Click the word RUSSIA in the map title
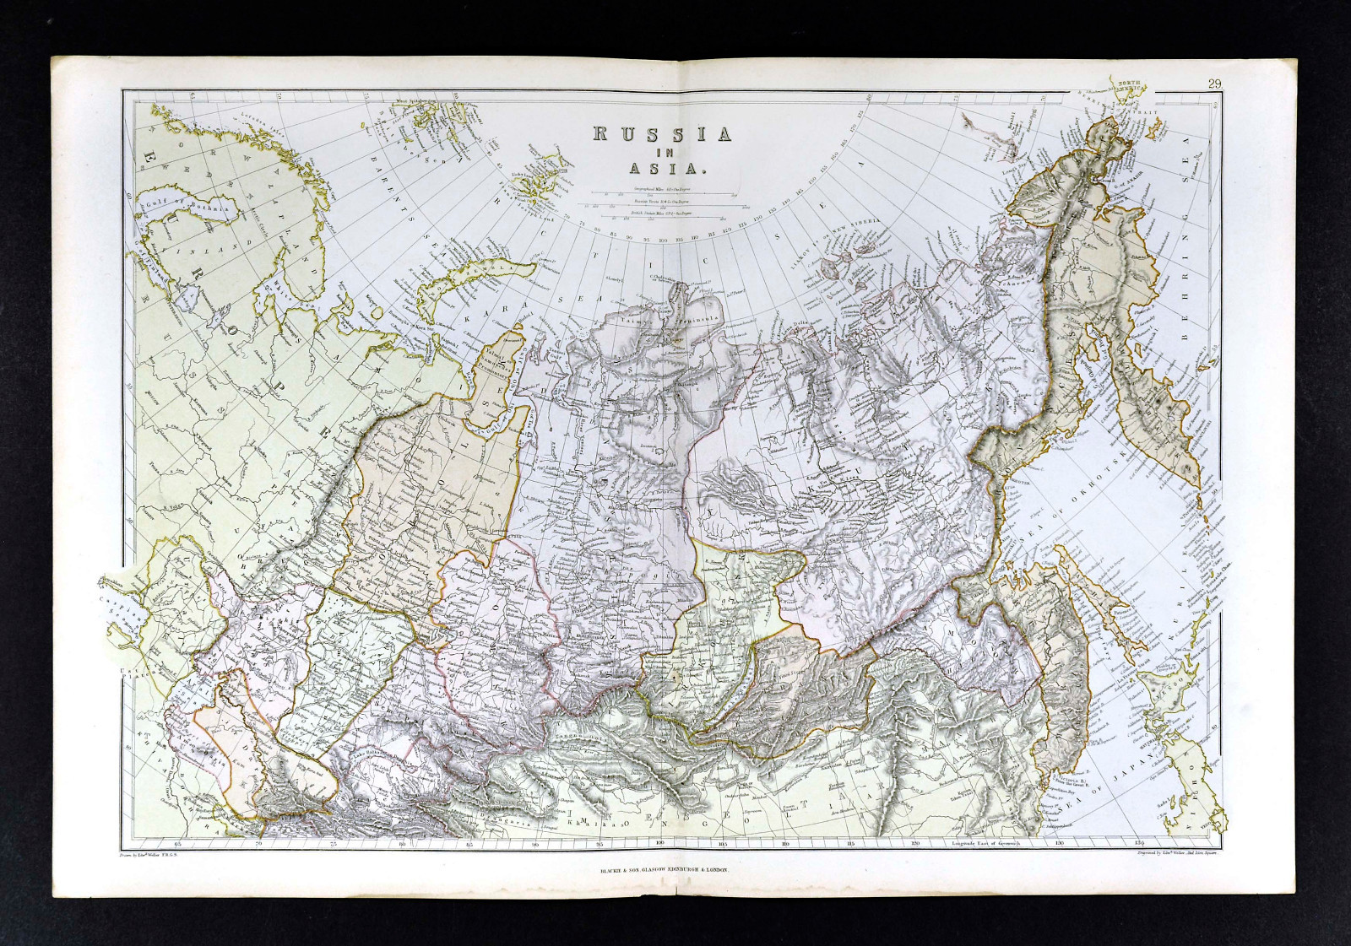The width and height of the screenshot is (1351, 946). pos(660,134)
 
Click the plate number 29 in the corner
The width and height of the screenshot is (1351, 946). pos(1214,83)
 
